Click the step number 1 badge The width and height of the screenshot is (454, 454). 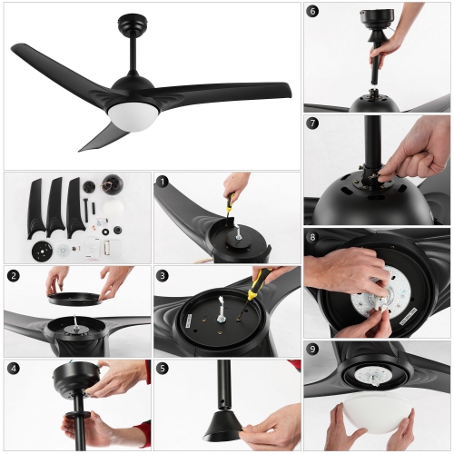coord(163,182)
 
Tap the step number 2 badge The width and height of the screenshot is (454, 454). coord(13,275)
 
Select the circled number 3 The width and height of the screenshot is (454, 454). coord(163,275)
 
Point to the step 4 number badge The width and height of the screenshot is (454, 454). coord(13,369)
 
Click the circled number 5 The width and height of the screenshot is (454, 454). coord(163,369)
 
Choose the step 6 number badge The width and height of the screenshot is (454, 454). coord(313,12)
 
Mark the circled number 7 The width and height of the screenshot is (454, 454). coord(313,123)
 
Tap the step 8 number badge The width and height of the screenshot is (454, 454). coord(313,237)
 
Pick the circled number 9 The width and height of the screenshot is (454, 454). coord(313,350)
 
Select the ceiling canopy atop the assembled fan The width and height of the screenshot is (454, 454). coord(135,20)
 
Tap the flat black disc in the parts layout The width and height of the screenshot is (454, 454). coord(39,250)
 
